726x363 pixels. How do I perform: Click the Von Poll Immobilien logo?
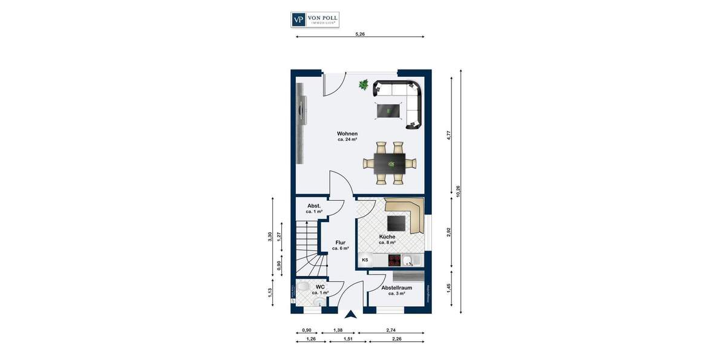click(315, 19)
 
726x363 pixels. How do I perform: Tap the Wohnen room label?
click(347, 134)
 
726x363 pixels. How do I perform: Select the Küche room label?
click(387, 237)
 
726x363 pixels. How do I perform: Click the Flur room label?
click(340, 243)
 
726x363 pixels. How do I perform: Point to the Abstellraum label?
click(396, 288)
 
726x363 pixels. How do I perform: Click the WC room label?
click(320, 287)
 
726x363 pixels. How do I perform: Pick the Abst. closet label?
click(314, 206)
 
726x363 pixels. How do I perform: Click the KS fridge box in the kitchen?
click(365, 260)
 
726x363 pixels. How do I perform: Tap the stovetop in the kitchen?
click(394, 260)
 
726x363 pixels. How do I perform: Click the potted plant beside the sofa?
click(364, 85)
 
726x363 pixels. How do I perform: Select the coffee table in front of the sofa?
click(389, 111)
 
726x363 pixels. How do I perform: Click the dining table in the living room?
click(390, 163)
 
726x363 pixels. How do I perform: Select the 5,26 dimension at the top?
click(360, 34)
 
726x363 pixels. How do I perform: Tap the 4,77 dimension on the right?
click(448, 134)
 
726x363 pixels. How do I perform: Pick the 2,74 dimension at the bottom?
click(391, 330)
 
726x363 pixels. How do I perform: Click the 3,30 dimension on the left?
click(270, 237)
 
